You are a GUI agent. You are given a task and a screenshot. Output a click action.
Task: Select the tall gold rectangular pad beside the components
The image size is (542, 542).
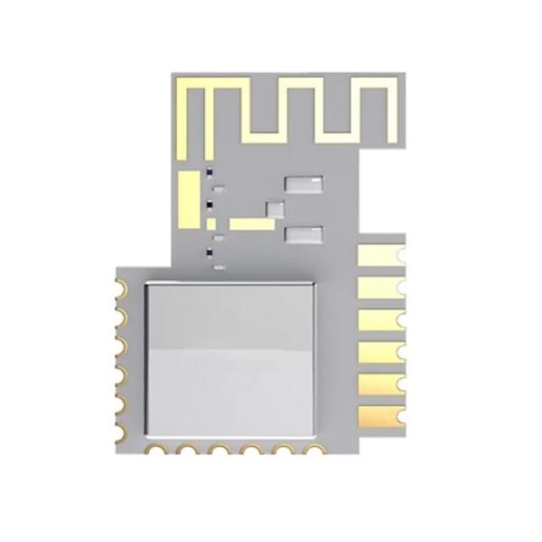[x=188, y=199]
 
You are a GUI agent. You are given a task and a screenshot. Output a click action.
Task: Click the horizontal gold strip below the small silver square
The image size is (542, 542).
[x=246, y=223]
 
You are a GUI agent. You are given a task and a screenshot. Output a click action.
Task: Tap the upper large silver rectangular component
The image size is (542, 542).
[x=303, y=182]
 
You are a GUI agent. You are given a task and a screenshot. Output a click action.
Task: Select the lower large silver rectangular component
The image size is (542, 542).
[x=303, y=236]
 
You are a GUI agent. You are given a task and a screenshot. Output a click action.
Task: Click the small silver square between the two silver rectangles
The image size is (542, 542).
[x=274, y=209]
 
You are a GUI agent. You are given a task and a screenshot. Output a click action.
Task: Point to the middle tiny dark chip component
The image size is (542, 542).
[x=210, y=206]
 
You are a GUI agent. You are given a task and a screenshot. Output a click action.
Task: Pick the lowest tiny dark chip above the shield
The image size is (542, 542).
[x=210, y=250]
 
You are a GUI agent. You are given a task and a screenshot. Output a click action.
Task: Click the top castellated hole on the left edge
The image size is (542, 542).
[x=120, y=288]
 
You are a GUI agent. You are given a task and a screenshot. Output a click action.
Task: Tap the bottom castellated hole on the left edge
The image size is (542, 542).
[x=120, y=425]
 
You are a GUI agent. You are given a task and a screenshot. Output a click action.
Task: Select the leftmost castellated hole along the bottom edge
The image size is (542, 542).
[x=159, y=450]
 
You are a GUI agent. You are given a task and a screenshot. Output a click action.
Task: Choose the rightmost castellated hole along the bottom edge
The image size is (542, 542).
[x=313, y=450]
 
